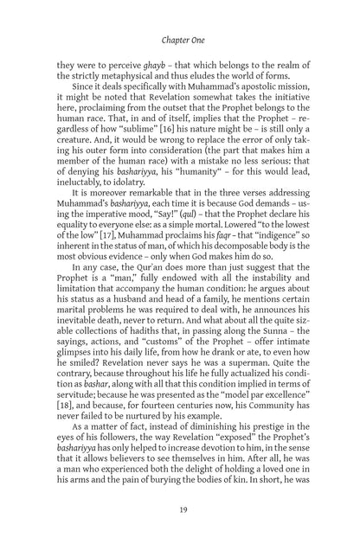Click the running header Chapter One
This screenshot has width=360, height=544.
(180, 40)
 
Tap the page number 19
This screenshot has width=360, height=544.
(180, 510)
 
